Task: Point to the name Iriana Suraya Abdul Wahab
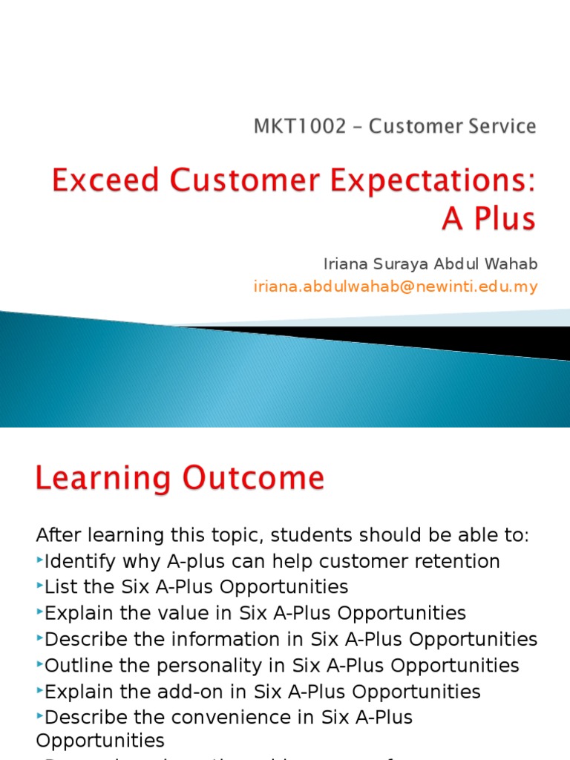430,264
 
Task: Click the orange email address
395,286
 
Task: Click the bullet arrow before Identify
40,560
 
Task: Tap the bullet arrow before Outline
40,665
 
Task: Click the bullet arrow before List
40,586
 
